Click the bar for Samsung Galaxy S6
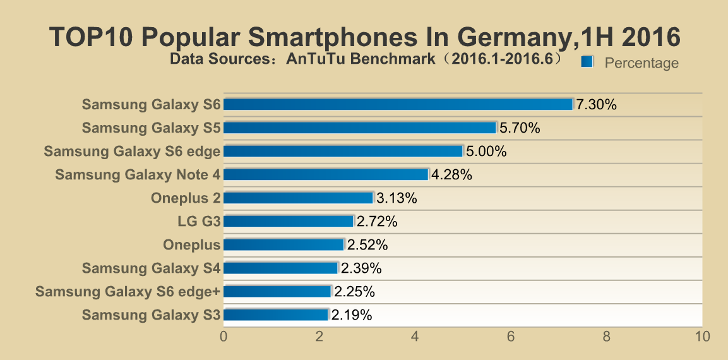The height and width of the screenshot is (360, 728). tap(398, 104)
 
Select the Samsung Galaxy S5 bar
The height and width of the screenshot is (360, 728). tap(360, 128)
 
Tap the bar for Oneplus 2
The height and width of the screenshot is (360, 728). tap(298, 198)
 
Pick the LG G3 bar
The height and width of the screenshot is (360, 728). tap(289, 221)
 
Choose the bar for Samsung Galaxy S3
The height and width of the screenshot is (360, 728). tap(276, 315)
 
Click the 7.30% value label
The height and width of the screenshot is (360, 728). tap(596, 105)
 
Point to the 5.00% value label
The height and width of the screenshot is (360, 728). tap(486, 152)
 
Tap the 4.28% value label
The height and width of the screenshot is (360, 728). tap(451, 175)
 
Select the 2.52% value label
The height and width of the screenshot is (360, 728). tap(367, 245)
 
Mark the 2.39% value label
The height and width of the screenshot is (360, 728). tap(361, 268)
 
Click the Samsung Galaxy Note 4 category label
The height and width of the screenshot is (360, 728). tap(138, 175)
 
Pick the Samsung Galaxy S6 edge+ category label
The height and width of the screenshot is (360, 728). tap(128, 292)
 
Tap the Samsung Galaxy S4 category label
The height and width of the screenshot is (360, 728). tap(151, 268)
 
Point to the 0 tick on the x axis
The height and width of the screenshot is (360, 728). tap(224, 337)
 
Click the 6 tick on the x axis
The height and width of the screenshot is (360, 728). tap(510, 337)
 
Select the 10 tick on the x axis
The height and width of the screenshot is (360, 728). tap(701, 337)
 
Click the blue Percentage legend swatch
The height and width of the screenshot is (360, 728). tap(587, 61)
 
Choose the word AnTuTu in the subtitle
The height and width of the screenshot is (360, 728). tap(309, 60)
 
